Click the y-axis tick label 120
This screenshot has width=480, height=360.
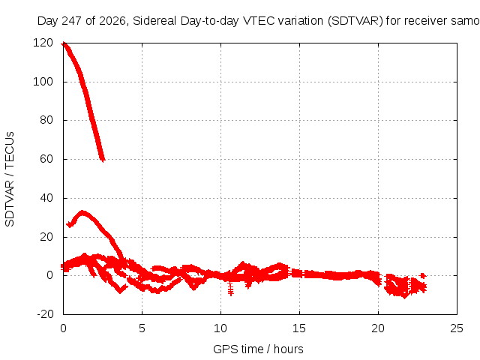[43, 43]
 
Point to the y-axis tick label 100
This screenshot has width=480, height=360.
[43, 82]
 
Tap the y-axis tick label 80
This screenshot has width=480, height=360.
[46, 120]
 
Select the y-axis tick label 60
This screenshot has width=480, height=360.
[46, 159]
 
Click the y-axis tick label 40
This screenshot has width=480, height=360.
[46, 198]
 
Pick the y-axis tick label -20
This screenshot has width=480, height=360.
[45, 314]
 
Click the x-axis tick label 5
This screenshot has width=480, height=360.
[142, 328]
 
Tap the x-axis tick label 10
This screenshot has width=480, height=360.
[220, 328]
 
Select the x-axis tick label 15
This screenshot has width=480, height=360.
[299, 328]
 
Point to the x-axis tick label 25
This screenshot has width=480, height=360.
[457, 328]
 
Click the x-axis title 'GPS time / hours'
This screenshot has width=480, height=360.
[258, 349]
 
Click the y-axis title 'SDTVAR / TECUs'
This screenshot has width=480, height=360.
[10, 179]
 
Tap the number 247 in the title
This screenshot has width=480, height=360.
[72, 21]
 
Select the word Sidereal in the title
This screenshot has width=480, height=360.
[154, 21]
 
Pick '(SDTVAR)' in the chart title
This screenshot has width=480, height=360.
[355, 21]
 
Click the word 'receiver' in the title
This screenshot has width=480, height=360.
[426, 21]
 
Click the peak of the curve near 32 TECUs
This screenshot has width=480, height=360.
[82, 212]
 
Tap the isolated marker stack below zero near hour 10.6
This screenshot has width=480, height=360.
[231, 288]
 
